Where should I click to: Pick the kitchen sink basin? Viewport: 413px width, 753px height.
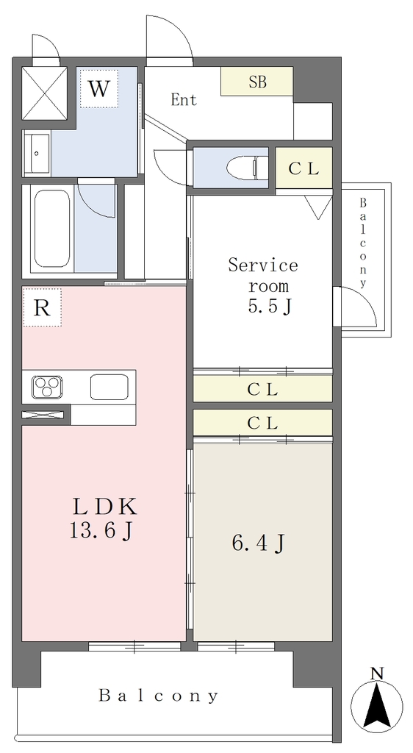(x=109, y=387)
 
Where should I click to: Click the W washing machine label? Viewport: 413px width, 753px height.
(x=98, y=89)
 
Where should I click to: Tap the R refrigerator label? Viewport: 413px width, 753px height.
(x=42, y=308)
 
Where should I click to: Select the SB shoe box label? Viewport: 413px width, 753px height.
(x=258, y=82)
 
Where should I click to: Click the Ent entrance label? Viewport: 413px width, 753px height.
(x=184, y=100)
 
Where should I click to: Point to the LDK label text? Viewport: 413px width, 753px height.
(x=104, y=506)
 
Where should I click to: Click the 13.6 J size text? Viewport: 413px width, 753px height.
(x=101, y=531)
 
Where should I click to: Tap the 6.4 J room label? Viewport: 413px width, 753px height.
(x=259, y=543)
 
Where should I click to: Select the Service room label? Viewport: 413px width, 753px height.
(x=263, y=275)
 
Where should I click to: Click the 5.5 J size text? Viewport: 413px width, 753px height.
(x=269, y=307)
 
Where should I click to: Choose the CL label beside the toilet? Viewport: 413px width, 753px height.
(x=304, y=169)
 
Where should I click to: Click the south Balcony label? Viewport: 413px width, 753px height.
(x=159, y=696)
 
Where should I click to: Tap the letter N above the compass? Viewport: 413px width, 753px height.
(x=378, y=674)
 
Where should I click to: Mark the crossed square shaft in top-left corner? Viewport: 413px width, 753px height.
(x=45, y=92)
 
